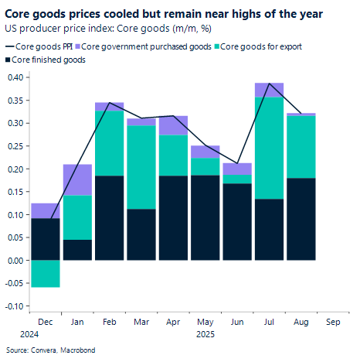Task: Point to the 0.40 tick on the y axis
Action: [x=15, y=77]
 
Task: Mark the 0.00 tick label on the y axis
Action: [x=15, y=261]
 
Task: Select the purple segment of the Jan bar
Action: [x=77, y=179]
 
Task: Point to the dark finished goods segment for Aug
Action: [x=301, y=219]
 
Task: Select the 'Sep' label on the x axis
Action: [x=334, y=320]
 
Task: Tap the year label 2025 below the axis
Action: [x=204, y=334]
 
